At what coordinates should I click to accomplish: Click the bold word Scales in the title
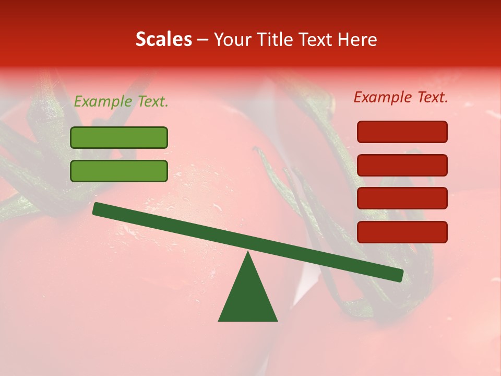(x=163, y=40)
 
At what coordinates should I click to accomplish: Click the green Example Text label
(x=121, y=102)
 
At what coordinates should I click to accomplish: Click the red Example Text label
(x=401, y=97)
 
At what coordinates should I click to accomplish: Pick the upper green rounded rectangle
(x=119, y=137)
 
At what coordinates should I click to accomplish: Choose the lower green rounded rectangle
(x=119, y=171)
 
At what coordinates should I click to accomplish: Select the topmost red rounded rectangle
(x=402, y=132)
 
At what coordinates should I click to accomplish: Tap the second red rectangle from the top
(x=402, y=165)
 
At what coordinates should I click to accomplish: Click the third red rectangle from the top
(x=402, y=198)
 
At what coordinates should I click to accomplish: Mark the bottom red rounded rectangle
(x=402, y=232)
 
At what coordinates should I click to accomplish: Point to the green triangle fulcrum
(x=248, y=295)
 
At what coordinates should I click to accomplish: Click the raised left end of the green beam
(x=99, y=209)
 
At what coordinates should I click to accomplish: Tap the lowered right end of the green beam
(x=397, y=275)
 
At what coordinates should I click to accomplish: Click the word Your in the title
(x=232, y=40)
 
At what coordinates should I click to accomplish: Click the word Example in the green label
(x=103, y=102)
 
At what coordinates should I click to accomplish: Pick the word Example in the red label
(x=383, y=97)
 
